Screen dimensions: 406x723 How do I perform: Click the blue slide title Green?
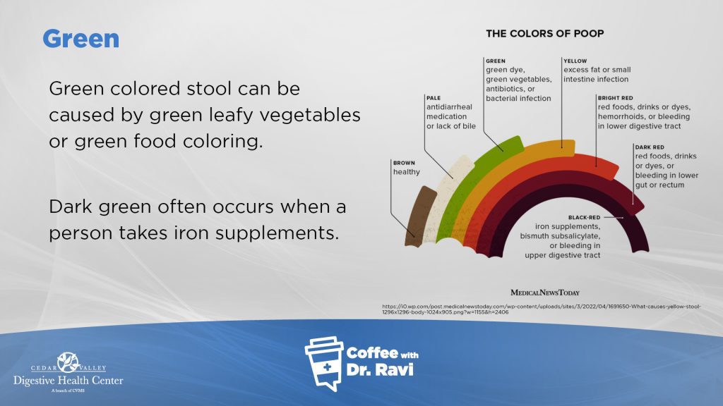pyautogui.click(x=80, y=39)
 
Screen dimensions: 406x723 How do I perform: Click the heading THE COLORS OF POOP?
pyautogui.click(x=544, y=33)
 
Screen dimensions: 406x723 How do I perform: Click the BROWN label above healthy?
pyautogui.click(x=403, y=162)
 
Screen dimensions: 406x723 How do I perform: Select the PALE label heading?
pyautogui.click(x=434, y=97)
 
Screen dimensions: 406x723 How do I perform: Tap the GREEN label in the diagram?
pyautogui.click(x=496, y=61)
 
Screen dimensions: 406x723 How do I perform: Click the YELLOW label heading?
pyautogui.click(x=575, y=61)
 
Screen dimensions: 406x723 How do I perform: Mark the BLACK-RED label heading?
pyautogui.click(x=584, y=217)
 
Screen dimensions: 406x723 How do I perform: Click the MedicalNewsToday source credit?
pyautogui.click(x=545, y=292)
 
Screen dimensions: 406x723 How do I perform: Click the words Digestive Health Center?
pyautogui.click(x=68, y=381)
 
